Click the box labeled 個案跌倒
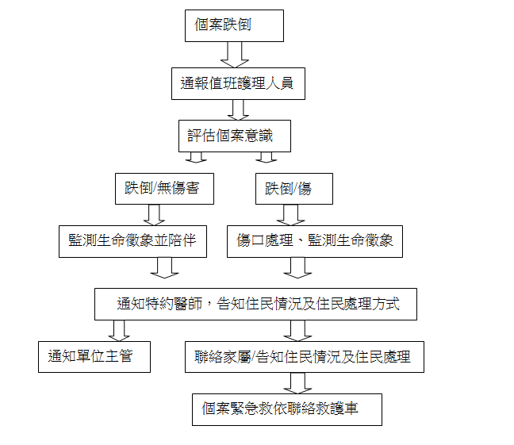[x=234, y=25]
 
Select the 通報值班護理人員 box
[x=238, y=83]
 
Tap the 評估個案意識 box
[x=235, y=136]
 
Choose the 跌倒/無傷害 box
[x=164, y=189]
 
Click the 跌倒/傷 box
[x=294, y=189]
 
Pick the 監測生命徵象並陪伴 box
[x=132, y=241]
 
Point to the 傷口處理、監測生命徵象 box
[x=315, y=241]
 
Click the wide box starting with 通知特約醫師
[x=255, y=304]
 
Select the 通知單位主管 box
[x=94, y=357]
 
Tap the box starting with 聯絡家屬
[x=305, y=357]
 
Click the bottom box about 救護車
[x=287, y=409]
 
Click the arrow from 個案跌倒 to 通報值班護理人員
[x=235, y=55]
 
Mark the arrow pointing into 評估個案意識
[x=238, y=109]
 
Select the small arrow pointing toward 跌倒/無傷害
[x=196, y=157]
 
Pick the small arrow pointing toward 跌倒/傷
[x=267, y=157]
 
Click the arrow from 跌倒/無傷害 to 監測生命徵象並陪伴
[x=154, y=215]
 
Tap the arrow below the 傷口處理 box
[x=297, y=268]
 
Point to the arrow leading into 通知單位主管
[x=119, y=331]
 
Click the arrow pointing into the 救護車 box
[x=297, y=383]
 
